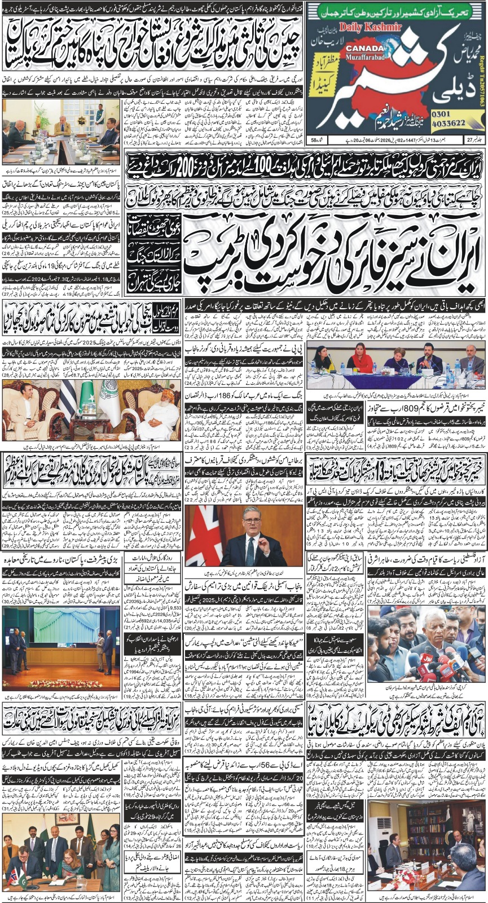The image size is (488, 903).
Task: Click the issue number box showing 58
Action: tap(314, 140)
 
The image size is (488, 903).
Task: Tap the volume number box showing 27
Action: tap(475, 140)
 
